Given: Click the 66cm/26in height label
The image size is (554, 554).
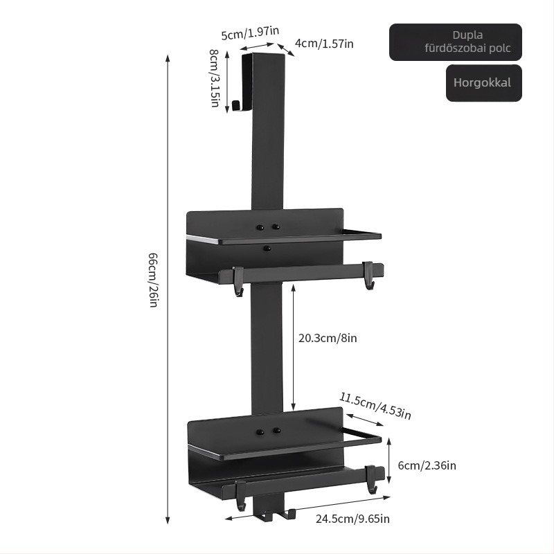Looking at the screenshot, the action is point(154,280).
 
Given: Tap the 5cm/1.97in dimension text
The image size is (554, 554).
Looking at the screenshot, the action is point(250,33).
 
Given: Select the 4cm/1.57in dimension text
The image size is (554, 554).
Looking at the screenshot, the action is point(324,44).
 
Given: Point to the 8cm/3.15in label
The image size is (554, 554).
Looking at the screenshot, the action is point(214,78).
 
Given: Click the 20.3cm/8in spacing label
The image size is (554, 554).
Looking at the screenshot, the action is point(328,338).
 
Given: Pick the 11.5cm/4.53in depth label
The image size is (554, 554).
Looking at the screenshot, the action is point(375,406).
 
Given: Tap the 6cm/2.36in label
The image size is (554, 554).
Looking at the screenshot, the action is point(427,465).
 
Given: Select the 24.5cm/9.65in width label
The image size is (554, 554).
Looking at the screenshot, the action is point(352,519).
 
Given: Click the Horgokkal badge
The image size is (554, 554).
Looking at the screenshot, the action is point(483,83).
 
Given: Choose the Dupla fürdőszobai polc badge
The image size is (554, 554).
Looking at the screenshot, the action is point(456,42).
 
